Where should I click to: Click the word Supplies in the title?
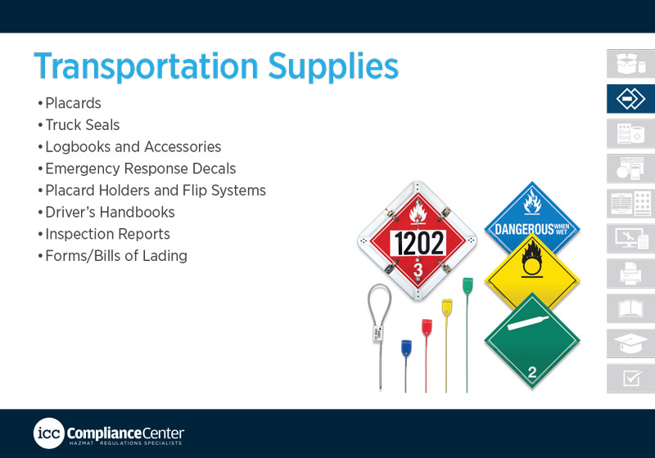[333, 66]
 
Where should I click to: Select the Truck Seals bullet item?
[83, 124]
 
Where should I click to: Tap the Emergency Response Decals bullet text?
[140, 168]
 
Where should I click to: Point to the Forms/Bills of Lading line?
[116, 256]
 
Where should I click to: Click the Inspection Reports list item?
[107, 234]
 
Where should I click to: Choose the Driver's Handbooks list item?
[110, 212]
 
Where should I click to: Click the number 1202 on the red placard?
[419, 243]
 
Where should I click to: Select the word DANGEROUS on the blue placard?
[524, 229]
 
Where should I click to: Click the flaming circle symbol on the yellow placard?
[531, 259]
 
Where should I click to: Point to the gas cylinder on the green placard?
[529, 322]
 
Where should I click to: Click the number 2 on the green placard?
[531, 371]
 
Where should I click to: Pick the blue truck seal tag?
[406, 348]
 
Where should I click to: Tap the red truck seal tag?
[427, 327]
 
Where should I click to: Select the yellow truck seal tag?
[447, 308]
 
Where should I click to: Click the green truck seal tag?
[468, 286]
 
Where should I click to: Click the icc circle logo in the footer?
[49, 433]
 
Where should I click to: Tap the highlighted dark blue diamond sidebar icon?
[630, 99]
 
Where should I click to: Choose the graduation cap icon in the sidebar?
[630, 343]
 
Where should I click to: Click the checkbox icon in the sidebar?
[631, 378]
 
